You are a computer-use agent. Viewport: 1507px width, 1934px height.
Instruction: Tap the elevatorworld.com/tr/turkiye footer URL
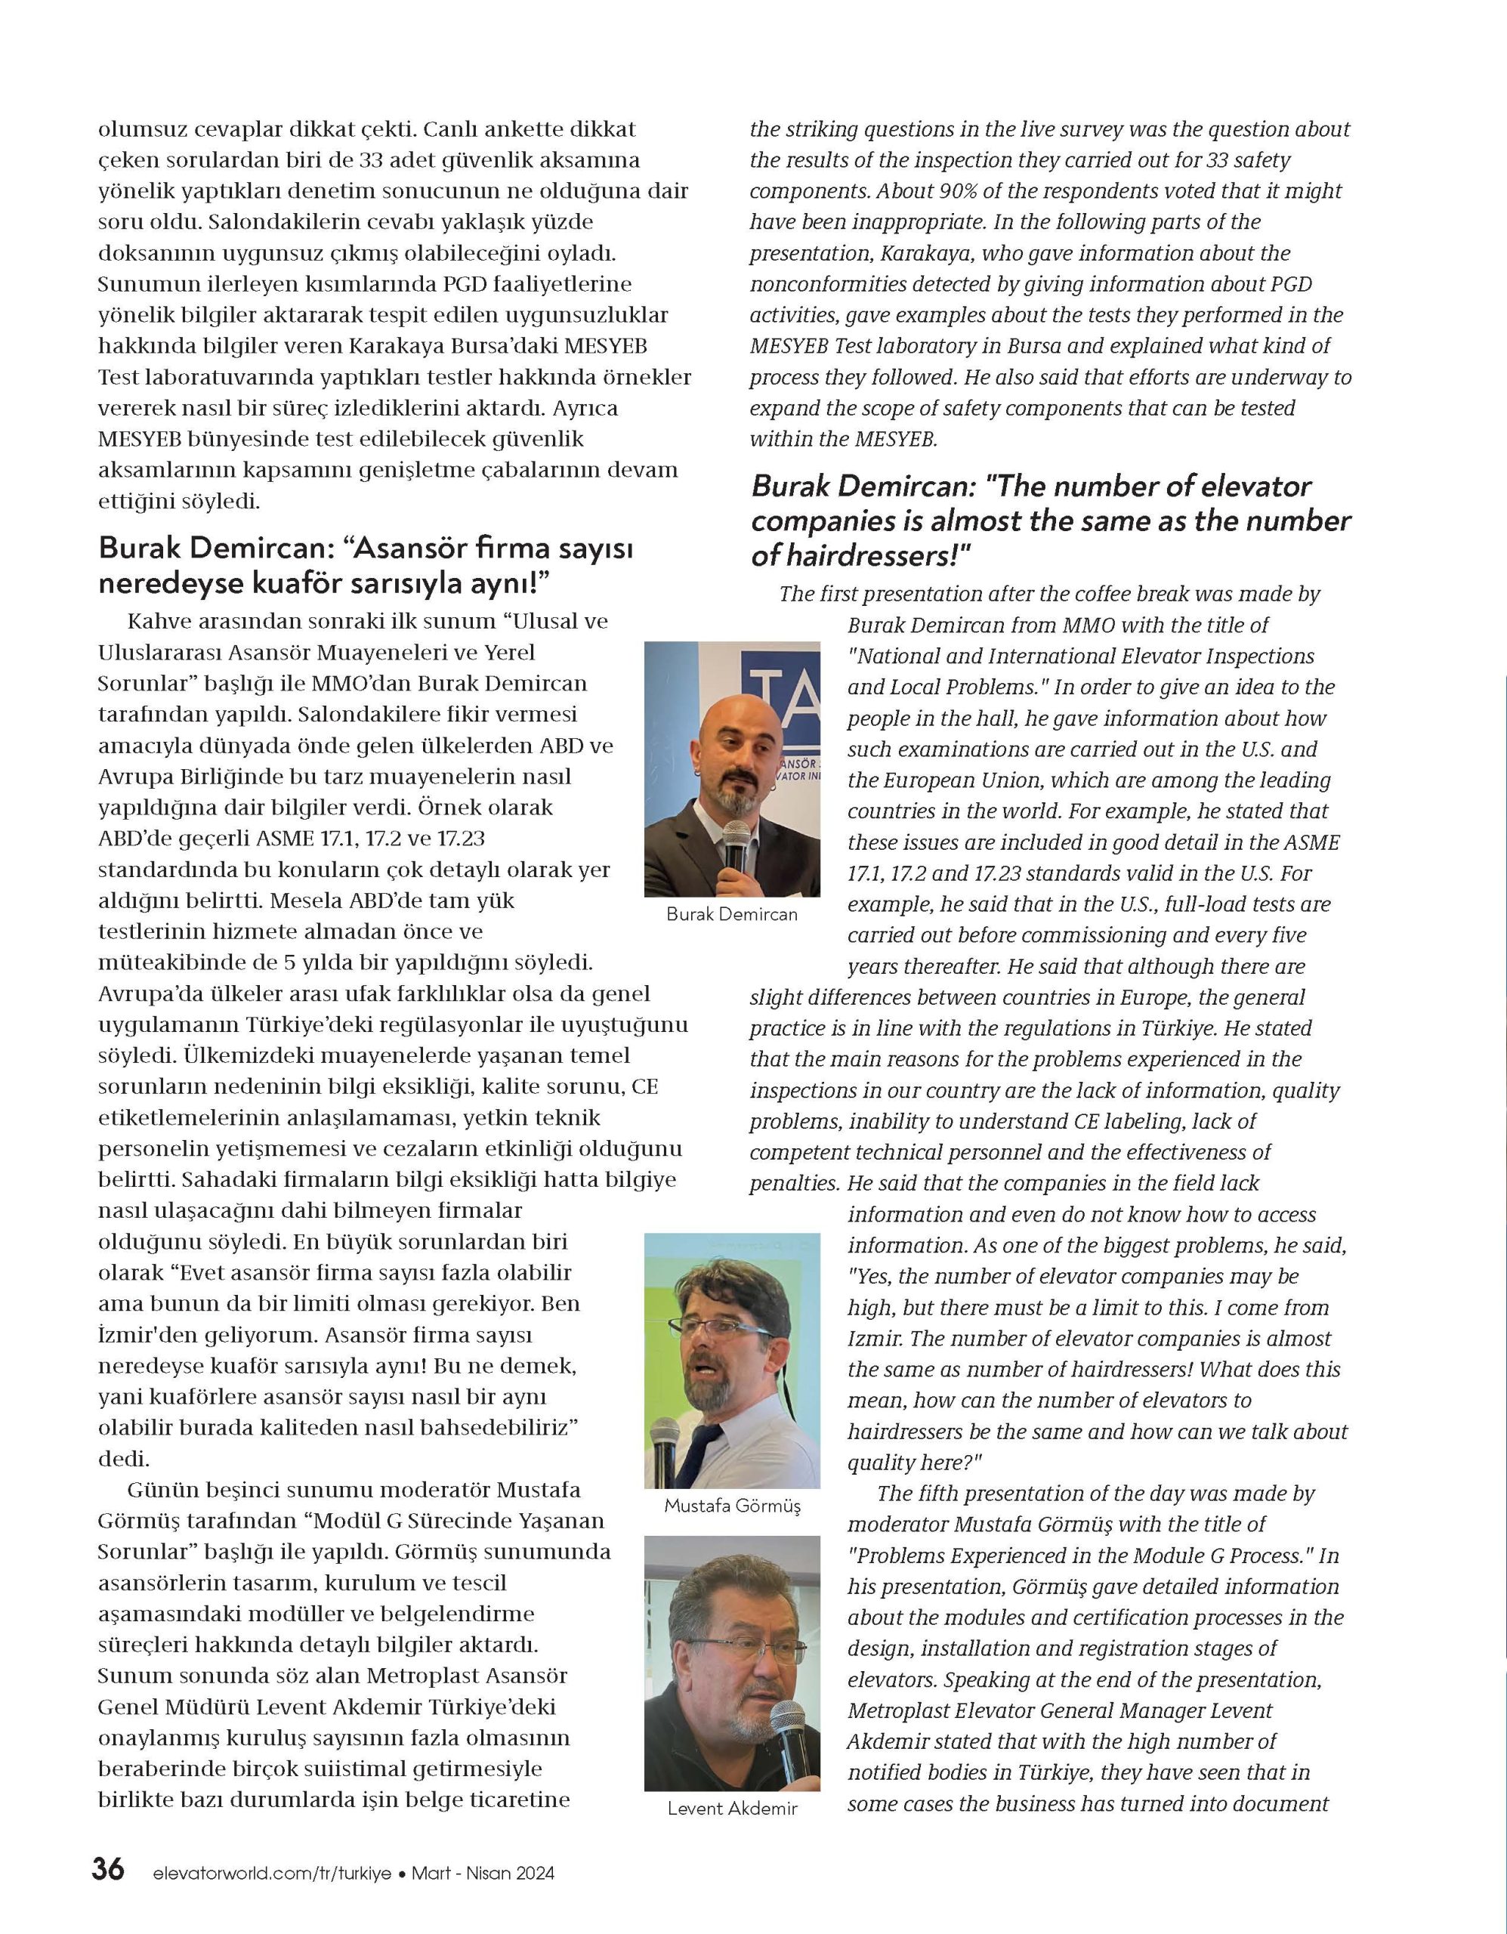[x=272, y=1873]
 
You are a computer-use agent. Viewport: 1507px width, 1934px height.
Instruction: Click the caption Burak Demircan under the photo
[x=731, y=915]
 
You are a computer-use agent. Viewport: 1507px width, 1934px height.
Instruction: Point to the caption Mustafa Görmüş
[x=731, y=1505]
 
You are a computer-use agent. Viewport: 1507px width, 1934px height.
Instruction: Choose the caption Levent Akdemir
[x=732, y=1809]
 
